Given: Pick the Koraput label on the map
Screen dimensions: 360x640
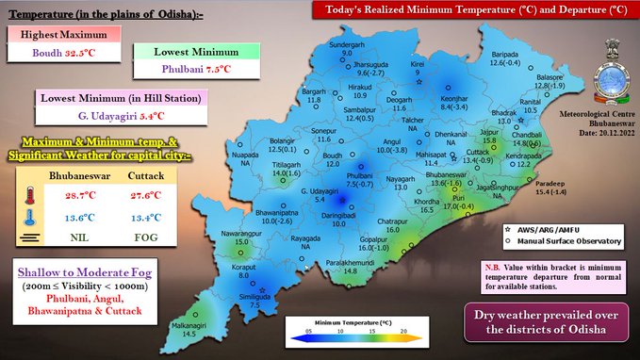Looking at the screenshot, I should pyautogui.click(x=244, y=267).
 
